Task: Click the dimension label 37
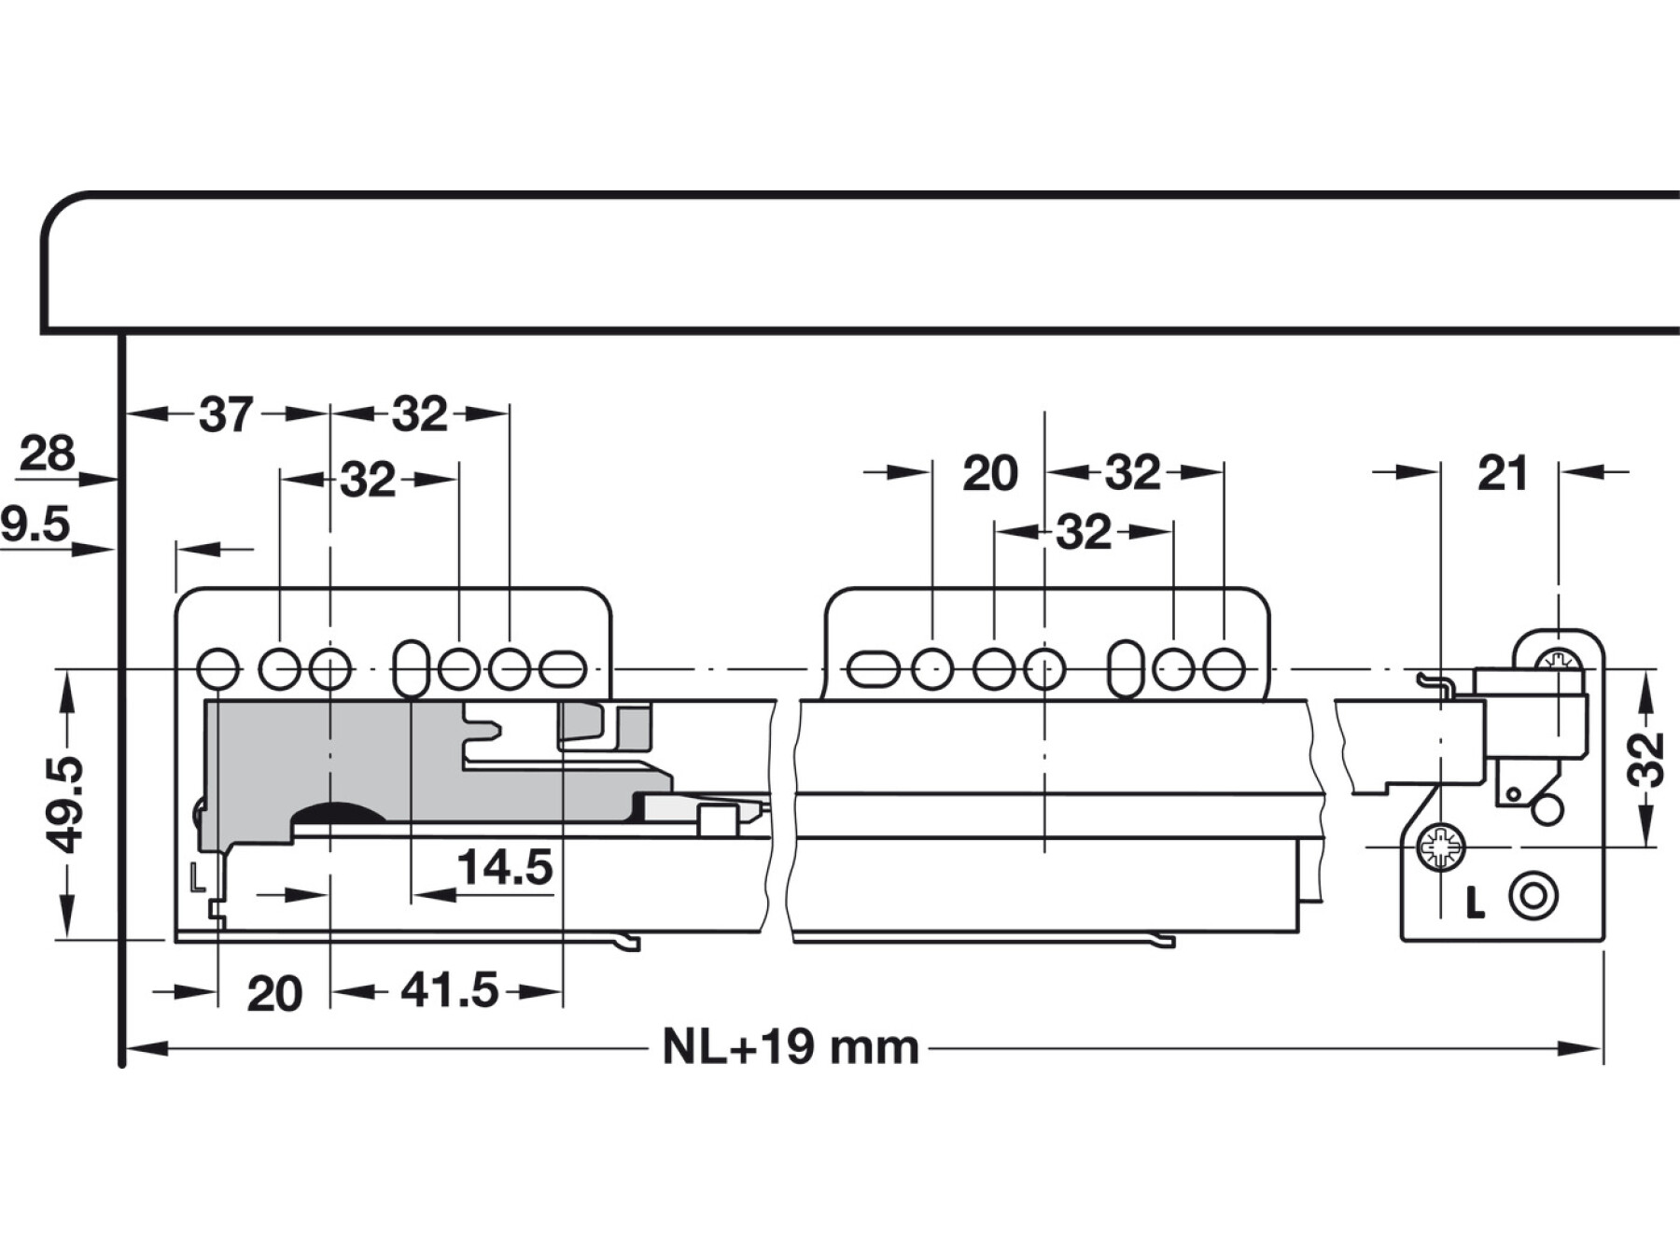[226, 414]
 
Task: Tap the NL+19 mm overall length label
[791, 1047]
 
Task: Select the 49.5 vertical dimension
[67, 805]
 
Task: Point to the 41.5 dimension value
[450, 990]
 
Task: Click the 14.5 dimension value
[504, 867]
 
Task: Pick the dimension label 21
[1503, 473]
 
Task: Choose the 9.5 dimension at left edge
[35, 525]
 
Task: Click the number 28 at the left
[47, 455]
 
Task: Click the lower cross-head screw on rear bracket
[1440, 847]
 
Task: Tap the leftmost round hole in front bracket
[217, 669]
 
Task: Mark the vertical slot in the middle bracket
[1127, 669]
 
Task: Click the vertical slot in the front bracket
[412, 669]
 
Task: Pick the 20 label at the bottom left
[274, 994]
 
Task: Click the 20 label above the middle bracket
[989, 474]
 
